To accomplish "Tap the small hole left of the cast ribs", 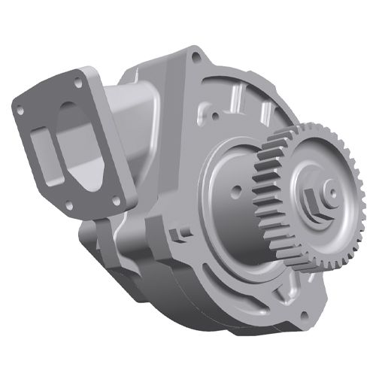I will (x=201, y=115).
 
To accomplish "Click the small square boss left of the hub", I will (x=178, y=235).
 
